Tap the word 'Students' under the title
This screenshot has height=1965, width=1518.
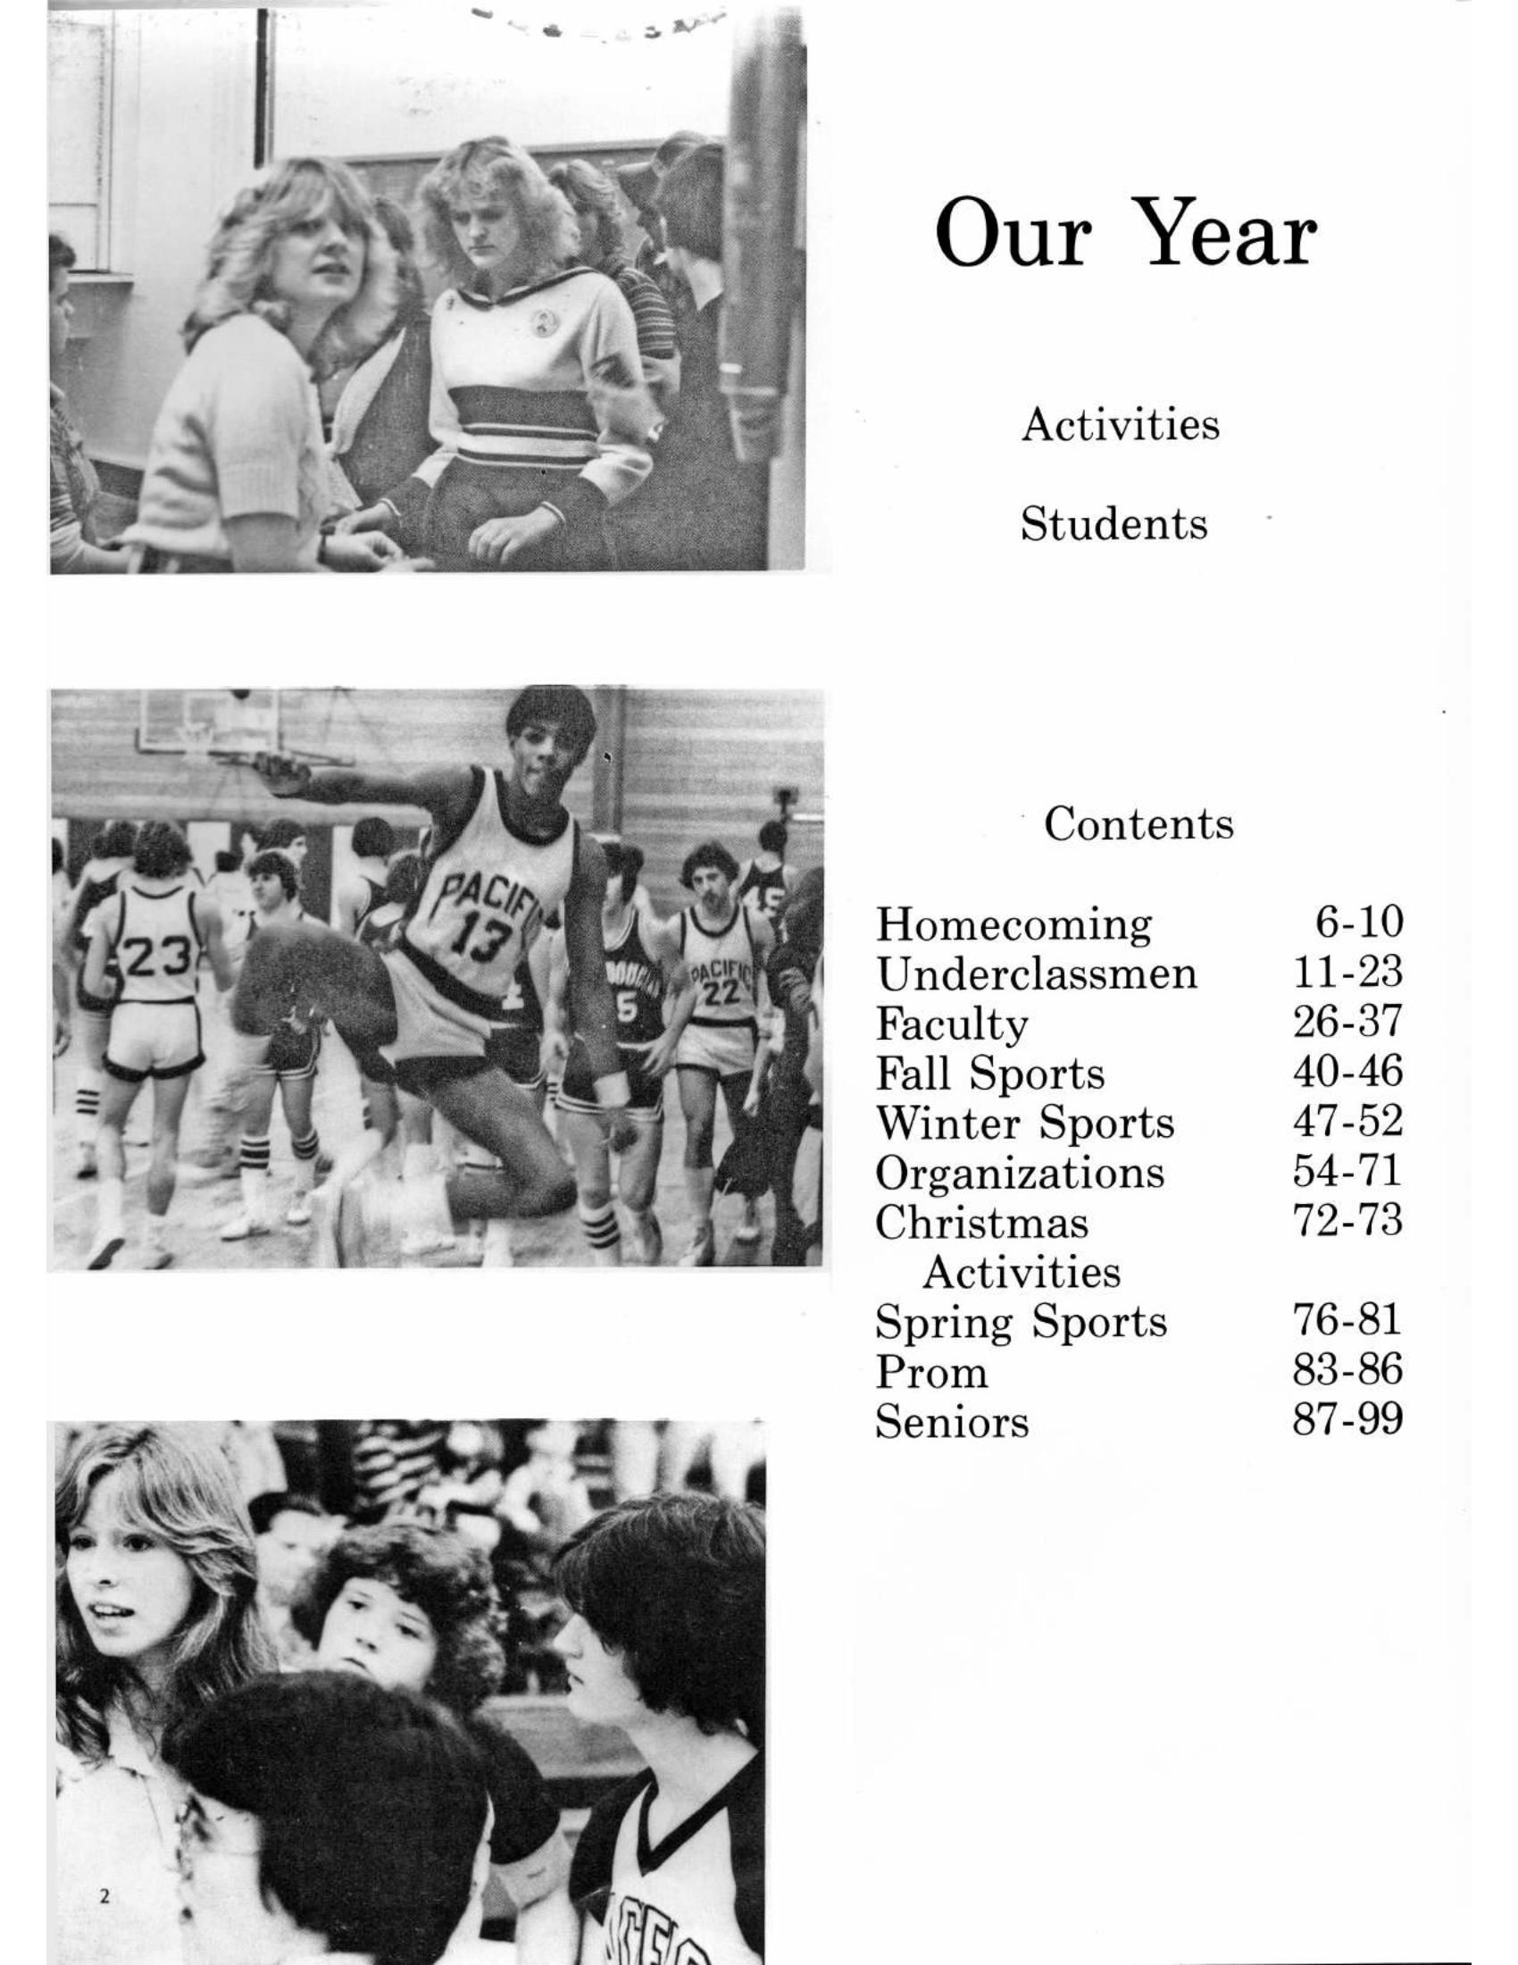[1113, 523]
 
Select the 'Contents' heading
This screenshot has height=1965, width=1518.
[1138, 823]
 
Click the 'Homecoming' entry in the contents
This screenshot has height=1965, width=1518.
[1013, 924]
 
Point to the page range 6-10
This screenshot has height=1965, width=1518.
[1358, 922]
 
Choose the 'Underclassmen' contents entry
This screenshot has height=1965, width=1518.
[1036, 974]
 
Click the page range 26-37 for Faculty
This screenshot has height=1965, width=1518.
[1347, 1021]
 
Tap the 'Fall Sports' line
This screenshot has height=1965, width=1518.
[990, 1073]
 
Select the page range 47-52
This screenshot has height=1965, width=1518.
[1347, 1121]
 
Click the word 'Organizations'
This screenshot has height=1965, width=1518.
[1019, 1173]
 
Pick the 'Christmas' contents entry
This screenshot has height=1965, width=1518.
[981, 1223]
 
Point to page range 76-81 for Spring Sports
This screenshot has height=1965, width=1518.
[1347, 1320]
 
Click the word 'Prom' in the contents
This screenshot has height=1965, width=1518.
[930, 1372]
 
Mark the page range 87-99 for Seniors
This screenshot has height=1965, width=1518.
[1347, 1420]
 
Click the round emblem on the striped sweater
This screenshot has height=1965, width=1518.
[541, 323]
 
